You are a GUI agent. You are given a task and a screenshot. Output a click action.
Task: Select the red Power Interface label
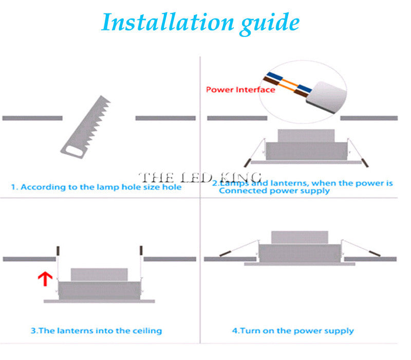[x=240, y=89]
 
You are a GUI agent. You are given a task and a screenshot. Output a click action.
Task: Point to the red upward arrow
[x=46, y=279]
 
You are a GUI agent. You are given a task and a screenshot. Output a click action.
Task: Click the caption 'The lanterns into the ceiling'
[x=96, y=331]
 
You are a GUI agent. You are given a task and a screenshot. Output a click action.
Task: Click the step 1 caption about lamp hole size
[x=96, y=187]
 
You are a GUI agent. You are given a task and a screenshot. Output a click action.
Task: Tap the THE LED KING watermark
[x=200, y=177]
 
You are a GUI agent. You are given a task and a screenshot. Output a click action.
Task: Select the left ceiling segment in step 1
[x=32, y=118]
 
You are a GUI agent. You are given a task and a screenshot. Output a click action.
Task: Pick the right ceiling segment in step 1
[x=165, y=118]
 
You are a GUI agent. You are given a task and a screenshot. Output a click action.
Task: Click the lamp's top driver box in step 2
[x=305, y=135]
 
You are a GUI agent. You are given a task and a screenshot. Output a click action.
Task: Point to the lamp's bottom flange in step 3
[x=99, y=301]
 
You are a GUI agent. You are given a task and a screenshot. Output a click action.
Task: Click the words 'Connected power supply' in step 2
[x=274, y=191]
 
